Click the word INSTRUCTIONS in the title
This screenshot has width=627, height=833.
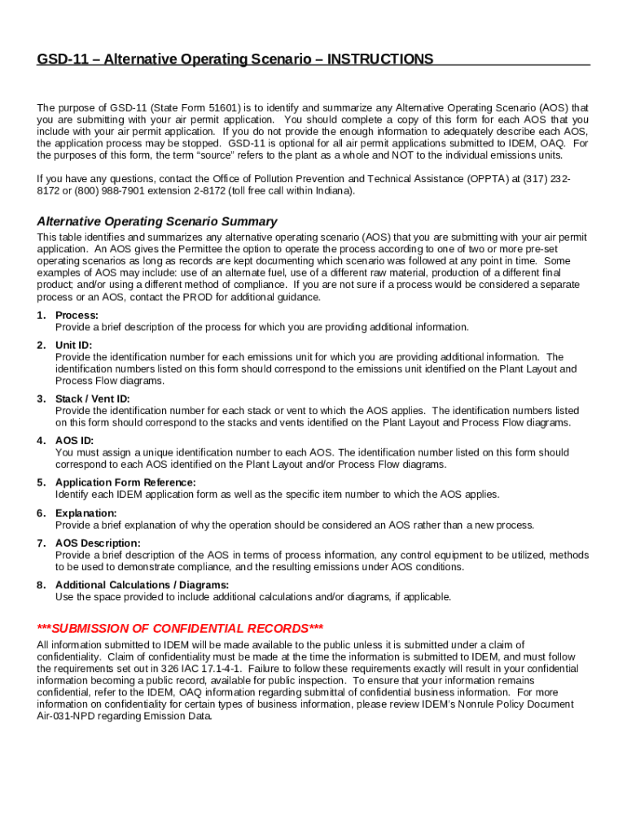pos(380,59)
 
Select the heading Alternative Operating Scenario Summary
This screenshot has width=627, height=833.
pos(157,221)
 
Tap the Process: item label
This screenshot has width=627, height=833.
pos(77,315)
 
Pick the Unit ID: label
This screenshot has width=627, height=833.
pos(73,345)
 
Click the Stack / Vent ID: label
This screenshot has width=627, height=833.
pos(92,399)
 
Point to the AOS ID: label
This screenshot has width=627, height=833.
pos(74,440)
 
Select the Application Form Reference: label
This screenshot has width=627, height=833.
pos(125,482)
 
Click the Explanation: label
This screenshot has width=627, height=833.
pos(85,512)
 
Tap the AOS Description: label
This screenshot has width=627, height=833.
pos(98,543)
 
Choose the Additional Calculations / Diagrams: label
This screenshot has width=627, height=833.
pos(142,584)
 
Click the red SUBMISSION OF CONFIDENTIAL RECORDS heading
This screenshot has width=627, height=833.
pos(181,628)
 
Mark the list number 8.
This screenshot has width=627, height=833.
pos(40,584)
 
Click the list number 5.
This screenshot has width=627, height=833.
pos(40,482)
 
